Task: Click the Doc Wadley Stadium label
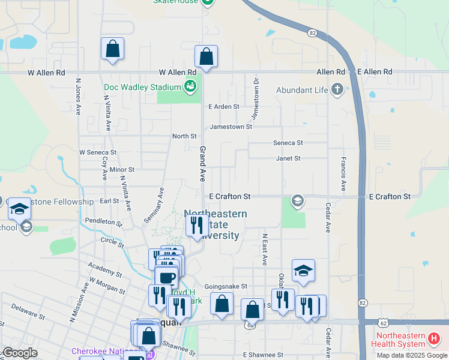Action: pyautogui.click(x=142, y=87)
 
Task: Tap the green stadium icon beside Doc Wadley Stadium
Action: pyautogui.click(x=190, y=87)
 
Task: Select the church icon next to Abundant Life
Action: pyautogui.click(x=337, y=90)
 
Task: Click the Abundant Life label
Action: pyautogui.click(x=302, y=90)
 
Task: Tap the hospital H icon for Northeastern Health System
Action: pyautogui.click(x=434, y=340)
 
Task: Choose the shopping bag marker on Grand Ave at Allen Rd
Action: pyautogui.click(x=206, y=58)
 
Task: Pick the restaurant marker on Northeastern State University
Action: pyautogui.click(x=196, y=226)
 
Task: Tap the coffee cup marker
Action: pyautogui.click(x=166, y=278)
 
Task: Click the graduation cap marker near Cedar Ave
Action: pyautogui.click(x=303, y=271)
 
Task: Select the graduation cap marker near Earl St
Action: pyautogui.click(x=19, y=209)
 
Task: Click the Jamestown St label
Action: pyautogui.click(x=231, y=127)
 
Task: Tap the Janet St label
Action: pyautogui.click(x=288, y=158)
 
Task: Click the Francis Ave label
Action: pyautogui.click(x=343, y=174)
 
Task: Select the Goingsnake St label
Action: pyautogui.click(x=226, y=287)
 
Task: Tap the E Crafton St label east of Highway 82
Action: pyautogui.click(x=390, y=196)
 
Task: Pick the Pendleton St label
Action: pyautogui.click(x=103, y=222)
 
